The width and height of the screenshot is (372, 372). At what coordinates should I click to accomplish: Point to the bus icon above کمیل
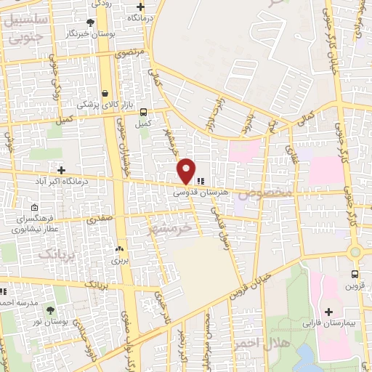click(143, 112)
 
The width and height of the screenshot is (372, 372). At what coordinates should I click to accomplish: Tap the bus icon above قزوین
click(355, 275)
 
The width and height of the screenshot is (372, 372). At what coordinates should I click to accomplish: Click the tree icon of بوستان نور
click(50, 310)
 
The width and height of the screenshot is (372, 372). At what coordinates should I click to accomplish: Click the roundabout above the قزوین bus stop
click(355, 252)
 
